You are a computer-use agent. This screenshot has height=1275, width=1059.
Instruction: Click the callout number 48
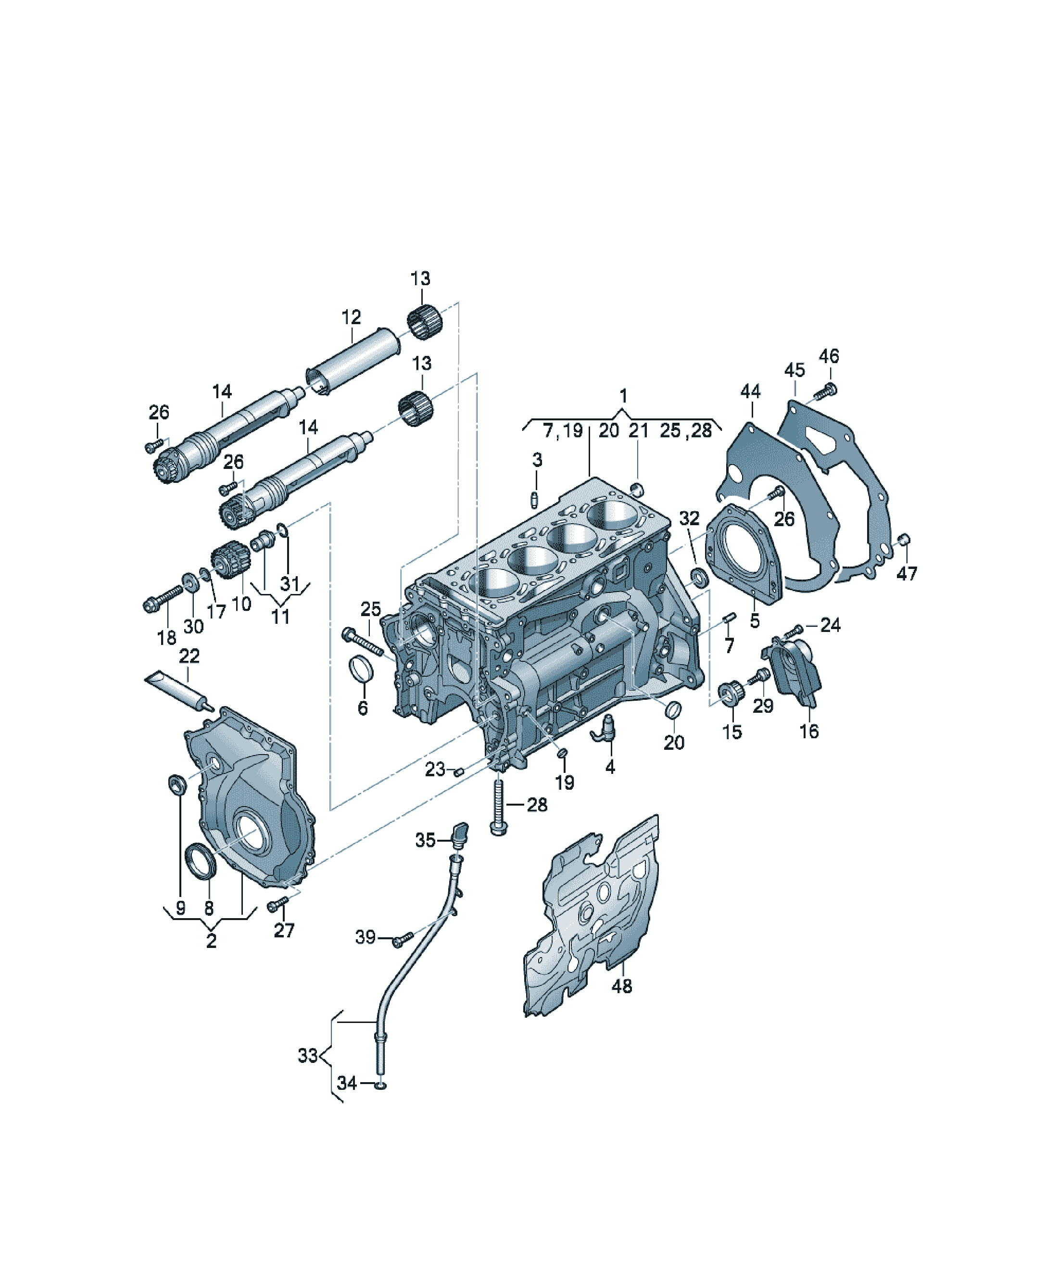tap(622, 986)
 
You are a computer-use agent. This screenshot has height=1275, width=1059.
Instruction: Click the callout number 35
tap(425, 840)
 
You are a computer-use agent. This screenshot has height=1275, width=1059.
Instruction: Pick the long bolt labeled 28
tap(498, 805)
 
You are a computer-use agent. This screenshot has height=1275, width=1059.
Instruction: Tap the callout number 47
tap(907, 573)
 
